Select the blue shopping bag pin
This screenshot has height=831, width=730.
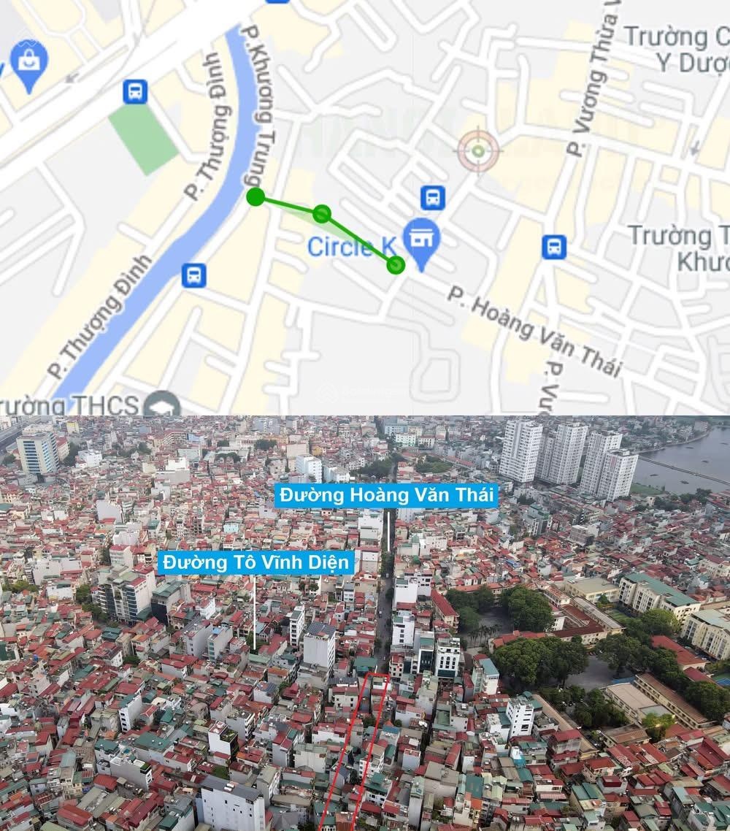pos(29,64)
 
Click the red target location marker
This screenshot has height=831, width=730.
pos(478,151)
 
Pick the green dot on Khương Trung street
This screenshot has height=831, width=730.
pos(255,196)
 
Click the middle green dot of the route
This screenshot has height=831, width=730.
pos(322,214)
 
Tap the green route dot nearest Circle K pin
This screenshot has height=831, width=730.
pos(396,265)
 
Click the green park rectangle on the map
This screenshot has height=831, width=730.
pos(143,138)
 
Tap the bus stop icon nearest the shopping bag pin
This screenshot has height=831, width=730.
pos(135,91)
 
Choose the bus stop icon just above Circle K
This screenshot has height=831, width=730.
pos(433,197)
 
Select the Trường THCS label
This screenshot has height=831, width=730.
pos(69,405)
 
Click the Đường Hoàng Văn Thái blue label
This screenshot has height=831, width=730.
pos(387,495)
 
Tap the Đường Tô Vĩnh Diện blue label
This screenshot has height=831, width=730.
pos(256,562)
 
